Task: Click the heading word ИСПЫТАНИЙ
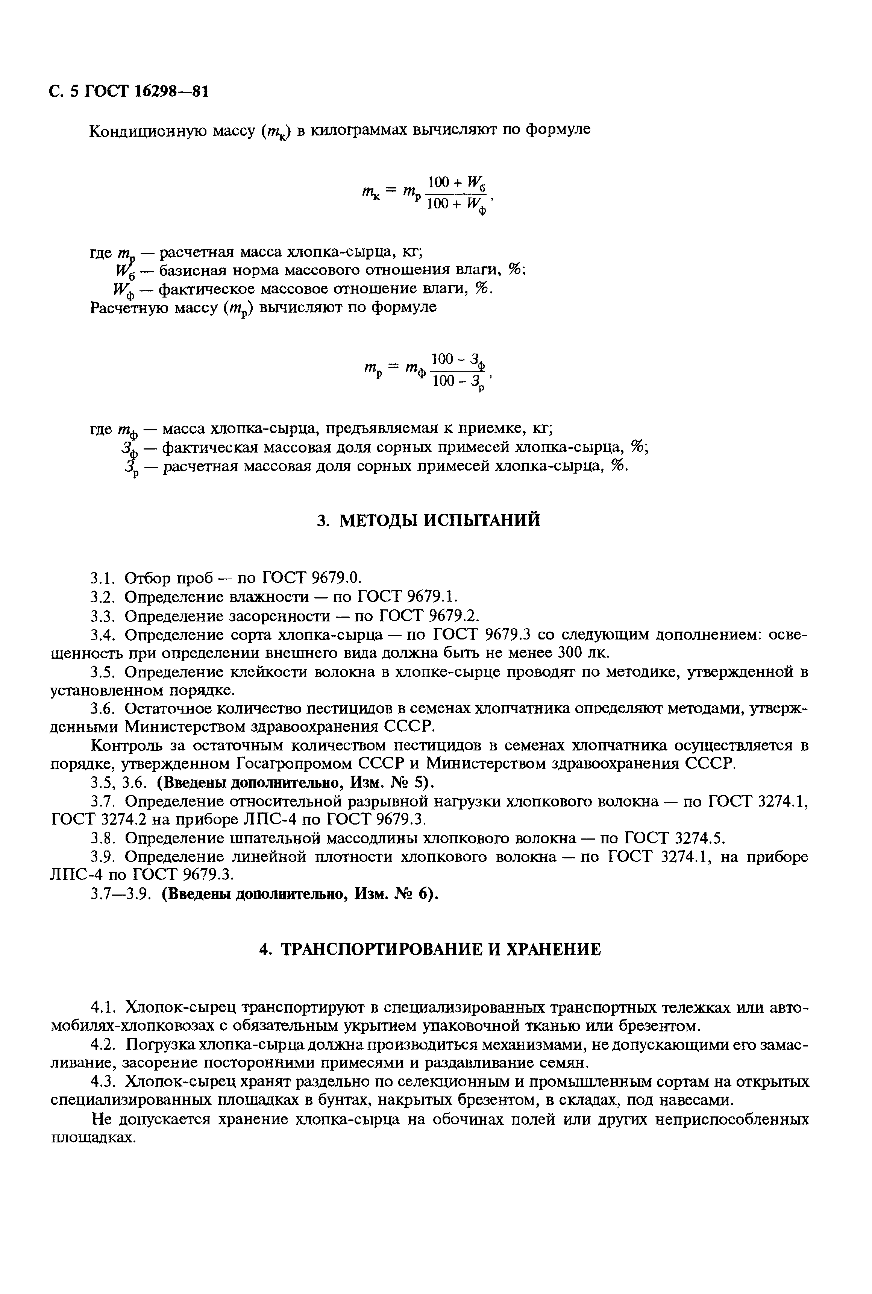(485, 520)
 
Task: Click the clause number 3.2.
(102, 597)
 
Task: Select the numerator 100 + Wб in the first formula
(456, 182)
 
